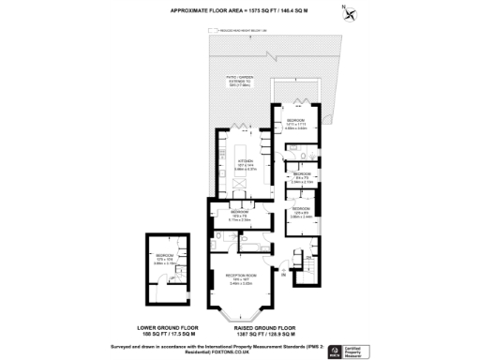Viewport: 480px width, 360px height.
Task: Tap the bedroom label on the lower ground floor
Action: pyautogui.click(x=163, y=256)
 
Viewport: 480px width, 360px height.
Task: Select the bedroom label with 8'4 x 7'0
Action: pyautogui.click(x=302, y=175)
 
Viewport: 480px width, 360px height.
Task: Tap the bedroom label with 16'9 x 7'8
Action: pyautogui.click(x=239, y=214)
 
